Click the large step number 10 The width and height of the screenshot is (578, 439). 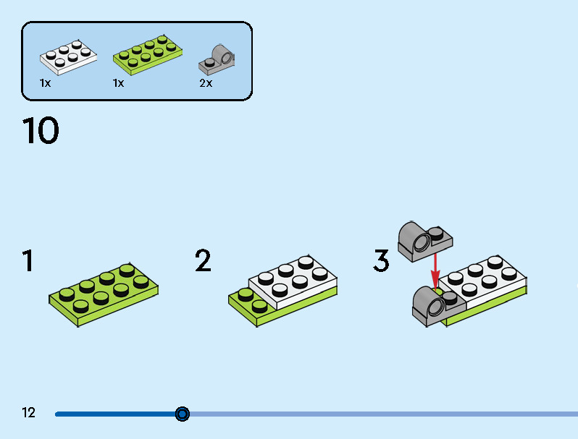41,130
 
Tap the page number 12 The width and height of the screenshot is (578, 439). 28,412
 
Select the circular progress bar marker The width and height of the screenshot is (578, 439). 182,414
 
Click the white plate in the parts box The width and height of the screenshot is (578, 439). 68,57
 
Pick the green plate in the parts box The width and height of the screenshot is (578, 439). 148,55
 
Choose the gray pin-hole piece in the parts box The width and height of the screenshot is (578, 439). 217,59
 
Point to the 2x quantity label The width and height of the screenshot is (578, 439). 206,83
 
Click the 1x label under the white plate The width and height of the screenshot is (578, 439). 45,83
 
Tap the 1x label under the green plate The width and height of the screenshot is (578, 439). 118,83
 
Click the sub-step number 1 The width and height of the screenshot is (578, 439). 28,260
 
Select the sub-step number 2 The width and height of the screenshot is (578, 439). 203,260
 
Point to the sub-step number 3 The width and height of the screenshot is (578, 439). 381,260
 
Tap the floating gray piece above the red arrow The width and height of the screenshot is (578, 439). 425,242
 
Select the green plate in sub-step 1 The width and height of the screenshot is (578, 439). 104,295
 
